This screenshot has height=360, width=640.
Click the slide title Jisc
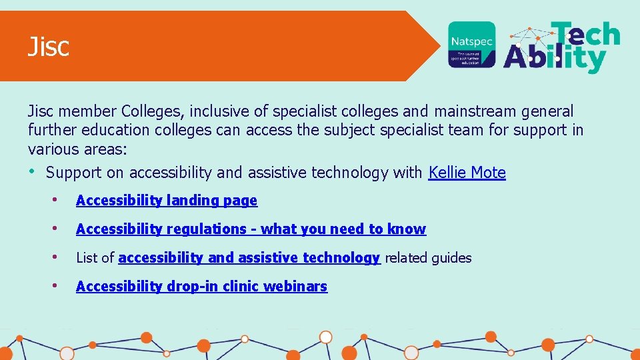click(x=48, y=47)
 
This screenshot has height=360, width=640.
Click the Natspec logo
click(x=471, y=44)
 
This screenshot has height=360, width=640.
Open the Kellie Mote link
click(x=467, y=173)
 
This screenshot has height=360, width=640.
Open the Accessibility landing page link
click(x=166, y=200)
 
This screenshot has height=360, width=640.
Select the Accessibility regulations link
click(x=251, y=229)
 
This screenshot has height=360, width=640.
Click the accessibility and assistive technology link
click(x=249, y=257)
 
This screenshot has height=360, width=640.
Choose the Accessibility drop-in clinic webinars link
click(x=201, y=286)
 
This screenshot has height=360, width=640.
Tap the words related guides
click(x=428, y=257)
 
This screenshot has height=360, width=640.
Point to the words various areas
click(x=73, y=149)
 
